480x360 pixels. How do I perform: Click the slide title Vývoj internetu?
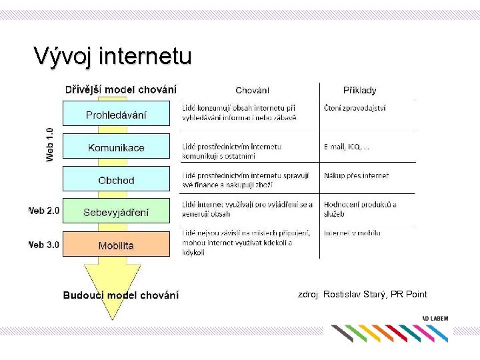point(113,56)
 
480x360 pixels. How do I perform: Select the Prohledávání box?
point(116,115)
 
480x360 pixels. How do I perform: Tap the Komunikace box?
point(116,147)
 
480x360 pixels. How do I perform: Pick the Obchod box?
point(116,180)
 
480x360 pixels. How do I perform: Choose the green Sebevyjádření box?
point(116,213)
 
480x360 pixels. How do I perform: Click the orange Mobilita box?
point(116,245)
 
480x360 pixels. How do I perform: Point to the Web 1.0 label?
point(50,144)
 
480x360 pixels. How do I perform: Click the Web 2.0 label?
point(43,211)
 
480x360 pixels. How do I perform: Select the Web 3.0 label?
point(43,245)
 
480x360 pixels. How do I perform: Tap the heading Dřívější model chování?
point(121,89)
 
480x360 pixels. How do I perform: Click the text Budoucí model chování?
point(121,295)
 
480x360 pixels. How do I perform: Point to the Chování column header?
point(253,90)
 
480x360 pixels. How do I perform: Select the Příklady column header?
point(359,90)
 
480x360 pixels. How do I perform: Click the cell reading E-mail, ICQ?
point(347,147)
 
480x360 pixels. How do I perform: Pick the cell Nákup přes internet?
point(356,176)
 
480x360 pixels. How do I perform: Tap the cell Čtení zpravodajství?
point(355,107)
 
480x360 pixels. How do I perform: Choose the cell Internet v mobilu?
point(352,233)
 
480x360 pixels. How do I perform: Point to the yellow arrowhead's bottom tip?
point(114,320)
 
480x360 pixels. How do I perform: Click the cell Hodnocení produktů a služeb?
point(360,209)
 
